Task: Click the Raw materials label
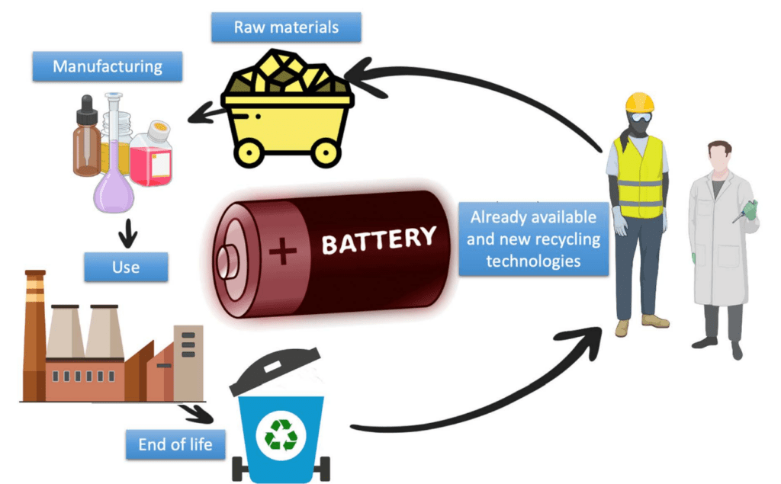[287, 27]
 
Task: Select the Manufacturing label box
[108, 66]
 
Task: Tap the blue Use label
[126, 268]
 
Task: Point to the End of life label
[175, 444]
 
